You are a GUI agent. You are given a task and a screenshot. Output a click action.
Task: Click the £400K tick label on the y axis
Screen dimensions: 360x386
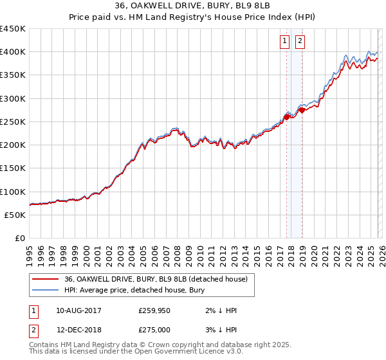point(13,51)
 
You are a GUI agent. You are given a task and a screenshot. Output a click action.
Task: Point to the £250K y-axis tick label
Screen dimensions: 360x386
point(13,122)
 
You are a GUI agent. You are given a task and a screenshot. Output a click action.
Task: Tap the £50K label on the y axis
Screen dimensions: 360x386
point(15,215)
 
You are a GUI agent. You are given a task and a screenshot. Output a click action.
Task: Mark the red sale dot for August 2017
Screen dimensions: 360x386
point(287,117)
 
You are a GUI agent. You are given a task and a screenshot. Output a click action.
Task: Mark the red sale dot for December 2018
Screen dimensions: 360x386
point(302,111)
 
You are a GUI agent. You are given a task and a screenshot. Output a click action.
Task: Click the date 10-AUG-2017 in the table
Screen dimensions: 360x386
point(78,310)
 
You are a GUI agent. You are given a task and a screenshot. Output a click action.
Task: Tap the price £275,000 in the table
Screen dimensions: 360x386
point(154,329)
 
